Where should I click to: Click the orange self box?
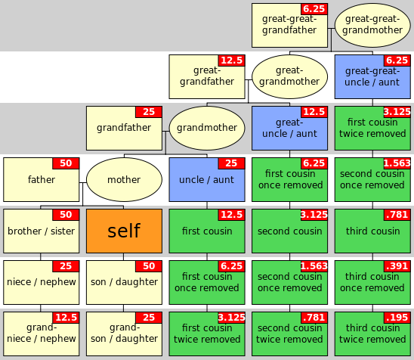pos(124,231)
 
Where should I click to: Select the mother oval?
pos(124,179)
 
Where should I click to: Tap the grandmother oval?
pos(207,128)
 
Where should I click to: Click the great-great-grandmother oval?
pos(372,25)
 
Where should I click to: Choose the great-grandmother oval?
pos(289,76)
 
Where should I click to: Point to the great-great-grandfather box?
pos(289,25)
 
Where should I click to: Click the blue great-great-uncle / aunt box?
pos(372,76)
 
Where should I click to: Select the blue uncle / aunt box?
pos(207,179)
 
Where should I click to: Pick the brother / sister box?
pos(42,231)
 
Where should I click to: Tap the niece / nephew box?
pos(42,282)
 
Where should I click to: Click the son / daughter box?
pos(124,282)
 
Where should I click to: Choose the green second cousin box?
pos(289,231)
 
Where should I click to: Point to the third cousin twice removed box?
pos(372,334)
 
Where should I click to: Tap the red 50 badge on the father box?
pos(66,163)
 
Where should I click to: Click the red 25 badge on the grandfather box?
pos(149,112)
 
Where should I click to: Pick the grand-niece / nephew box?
pos(42,334)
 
